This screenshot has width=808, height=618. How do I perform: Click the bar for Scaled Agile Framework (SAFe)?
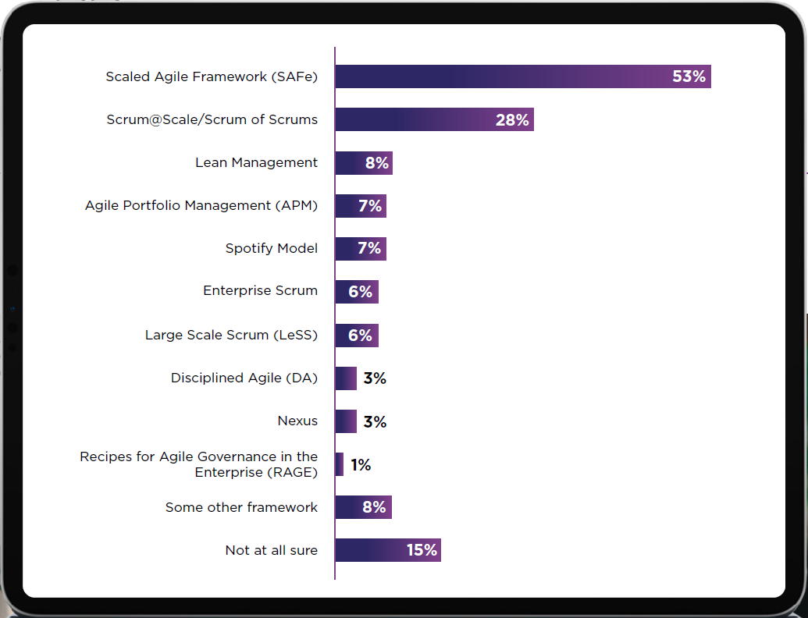click(x=500, y=76)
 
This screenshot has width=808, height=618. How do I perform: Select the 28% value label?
click(x=512, y=120)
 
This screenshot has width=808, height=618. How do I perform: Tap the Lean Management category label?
click(x=256, y=162)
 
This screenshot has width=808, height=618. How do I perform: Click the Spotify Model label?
click(x=271, y=248)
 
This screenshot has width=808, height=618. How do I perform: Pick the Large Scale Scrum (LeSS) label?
click(x=231, y=335)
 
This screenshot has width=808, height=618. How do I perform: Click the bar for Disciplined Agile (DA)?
click(x=346, y=378)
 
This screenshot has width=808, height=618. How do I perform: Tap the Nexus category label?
click(x=297, y=421)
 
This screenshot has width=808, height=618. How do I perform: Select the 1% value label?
click(x=361, y=465)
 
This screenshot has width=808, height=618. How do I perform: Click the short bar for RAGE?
click(x=340, y=464)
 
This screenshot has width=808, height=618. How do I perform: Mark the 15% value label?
click(x=422, y=550)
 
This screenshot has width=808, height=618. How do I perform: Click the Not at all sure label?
click(x=271, y=550)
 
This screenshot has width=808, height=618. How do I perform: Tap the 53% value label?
click(x=689, y=76)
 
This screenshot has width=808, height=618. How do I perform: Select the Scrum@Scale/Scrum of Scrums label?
click(x=212, y=119)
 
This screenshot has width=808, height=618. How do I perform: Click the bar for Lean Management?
click(x=350, y=163)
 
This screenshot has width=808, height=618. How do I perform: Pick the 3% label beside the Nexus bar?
click(x=375, y=422)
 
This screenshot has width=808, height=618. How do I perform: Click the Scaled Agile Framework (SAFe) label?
click(x=212, y=76)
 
